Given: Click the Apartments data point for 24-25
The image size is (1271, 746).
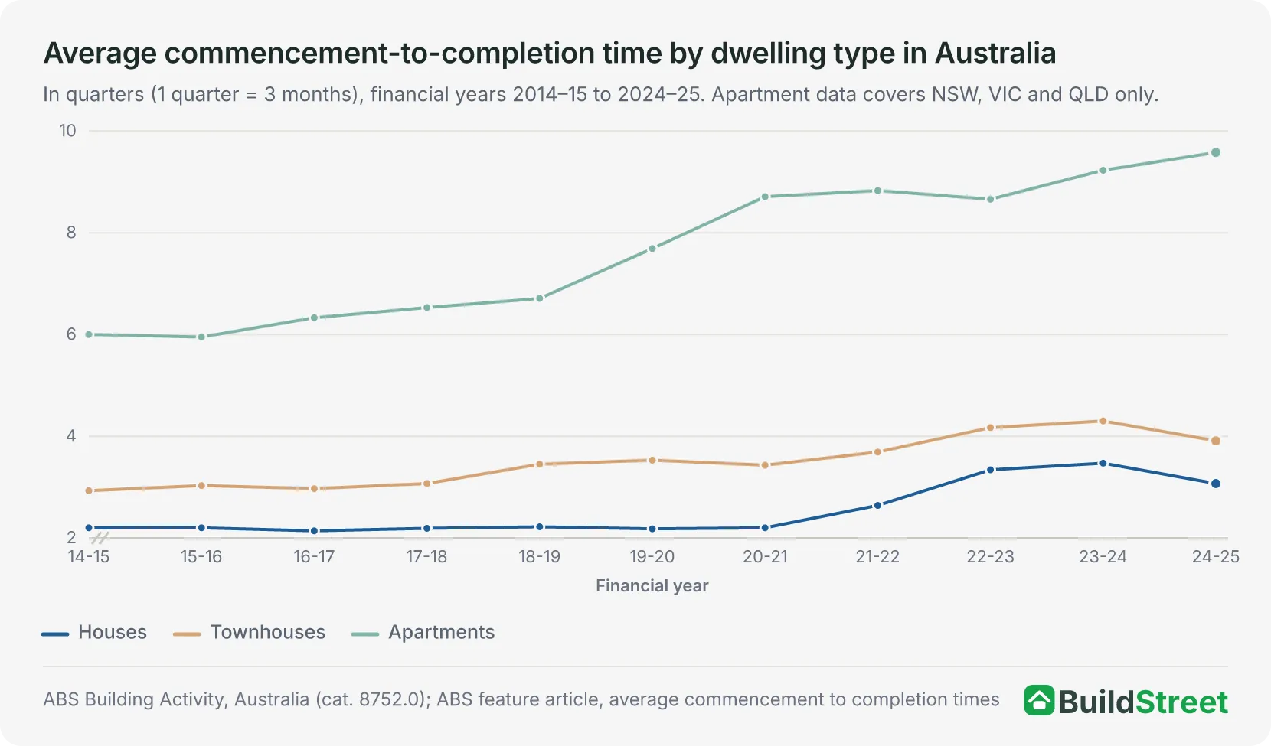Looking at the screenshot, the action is click(x=1215, y=152).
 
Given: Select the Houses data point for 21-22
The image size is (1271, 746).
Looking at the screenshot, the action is click(x=877, y=505).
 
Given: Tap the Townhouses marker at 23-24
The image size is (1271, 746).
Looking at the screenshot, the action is click(x=1103, y=421).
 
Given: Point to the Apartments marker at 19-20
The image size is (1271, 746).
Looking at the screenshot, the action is click(x=652, y=249).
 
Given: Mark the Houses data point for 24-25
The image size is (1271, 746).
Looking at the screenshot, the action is click(x=1215, y=484).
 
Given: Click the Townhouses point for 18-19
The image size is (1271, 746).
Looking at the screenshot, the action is click(x=540, y=464).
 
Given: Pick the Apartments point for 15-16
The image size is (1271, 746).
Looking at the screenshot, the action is click(x=201, y=337).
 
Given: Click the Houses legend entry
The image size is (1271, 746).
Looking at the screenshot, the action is click(x=94, y=632).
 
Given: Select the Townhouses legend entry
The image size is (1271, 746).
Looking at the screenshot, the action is click(x=249, y=632).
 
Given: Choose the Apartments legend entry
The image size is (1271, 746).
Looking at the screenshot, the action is click(x=423, y=632).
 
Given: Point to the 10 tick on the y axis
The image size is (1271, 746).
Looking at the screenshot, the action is click(x=67, y=131).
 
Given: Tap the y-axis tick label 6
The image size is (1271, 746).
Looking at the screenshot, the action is click(x=71, y=334).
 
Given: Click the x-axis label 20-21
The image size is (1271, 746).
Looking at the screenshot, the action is click(x=765, y=557).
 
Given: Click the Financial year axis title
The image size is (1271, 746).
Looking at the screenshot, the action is click(x=652, y=585).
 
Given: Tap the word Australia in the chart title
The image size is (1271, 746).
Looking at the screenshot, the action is click(x=995, y=54).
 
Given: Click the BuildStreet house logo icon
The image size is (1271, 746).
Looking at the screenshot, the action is click(x=1039, y=701).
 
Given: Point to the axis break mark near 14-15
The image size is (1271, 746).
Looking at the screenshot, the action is click(x=100, y=537).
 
